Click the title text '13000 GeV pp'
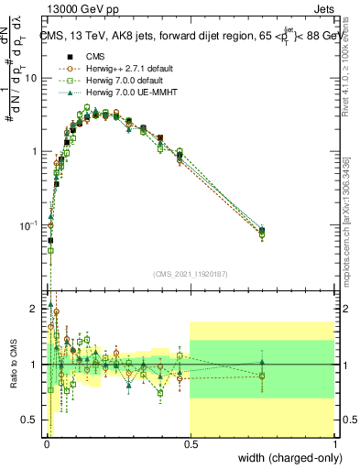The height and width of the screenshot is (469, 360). pos(76,10)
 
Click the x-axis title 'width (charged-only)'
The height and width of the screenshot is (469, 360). pos(287,457)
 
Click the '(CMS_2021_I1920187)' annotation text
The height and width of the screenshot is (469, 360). pos(190,274)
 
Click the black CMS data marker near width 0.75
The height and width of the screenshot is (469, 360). pos(262,231)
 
